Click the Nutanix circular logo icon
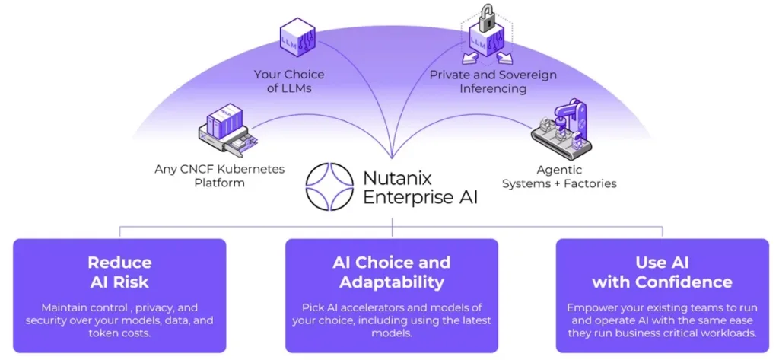330,187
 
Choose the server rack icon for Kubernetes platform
226,129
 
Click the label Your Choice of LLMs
288,81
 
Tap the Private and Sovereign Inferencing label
493,81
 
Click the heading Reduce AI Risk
119,272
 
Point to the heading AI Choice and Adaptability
391,272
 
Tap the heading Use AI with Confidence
662,272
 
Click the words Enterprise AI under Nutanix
421,198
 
